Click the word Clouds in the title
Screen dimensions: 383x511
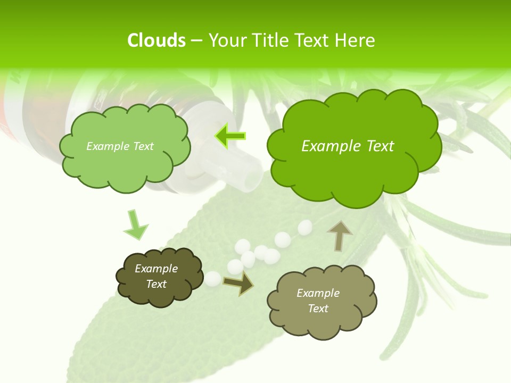coord(156,40)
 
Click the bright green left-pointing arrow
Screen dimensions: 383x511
coord(230,136)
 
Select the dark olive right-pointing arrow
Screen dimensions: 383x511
coord(238,284)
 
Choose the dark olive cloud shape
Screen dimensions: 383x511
coord(159,277)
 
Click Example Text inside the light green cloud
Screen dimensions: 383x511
coord(120,146)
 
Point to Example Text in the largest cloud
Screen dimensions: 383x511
coord(348,146)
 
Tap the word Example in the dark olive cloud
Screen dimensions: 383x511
coord(156,269)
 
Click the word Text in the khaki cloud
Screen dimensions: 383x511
coord(318,309)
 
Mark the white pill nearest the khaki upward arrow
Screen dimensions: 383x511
coord(305,228)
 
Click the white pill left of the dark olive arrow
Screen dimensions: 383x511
coord(213,278)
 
